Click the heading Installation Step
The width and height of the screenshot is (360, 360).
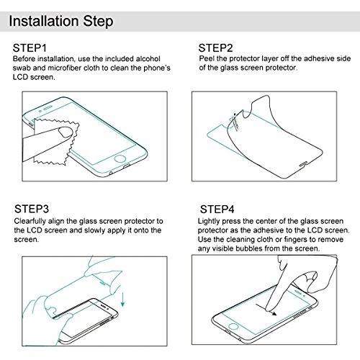(x=61, y=21)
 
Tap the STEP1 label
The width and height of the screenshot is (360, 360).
(x=30, y=48)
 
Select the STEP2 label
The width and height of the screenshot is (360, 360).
(x=215, y=48)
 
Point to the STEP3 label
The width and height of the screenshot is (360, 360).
(x=32, y=209)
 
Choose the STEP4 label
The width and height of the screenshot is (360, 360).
(x=217, y=210)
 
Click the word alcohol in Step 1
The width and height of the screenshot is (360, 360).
(x=148, y=59)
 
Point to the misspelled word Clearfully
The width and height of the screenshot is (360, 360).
(x=30, y=221)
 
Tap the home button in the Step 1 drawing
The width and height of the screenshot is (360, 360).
(x=120, y=158)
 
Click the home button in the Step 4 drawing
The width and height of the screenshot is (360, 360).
(x=233, y=326)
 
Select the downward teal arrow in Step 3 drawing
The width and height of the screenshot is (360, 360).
(x=123, y=300)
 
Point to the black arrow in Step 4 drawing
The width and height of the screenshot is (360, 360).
(x=266, y=310)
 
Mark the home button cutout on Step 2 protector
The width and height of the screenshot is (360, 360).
(x=303, y=164)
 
